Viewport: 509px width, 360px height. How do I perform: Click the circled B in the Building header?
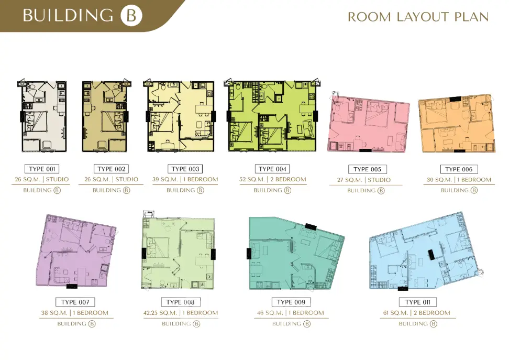(131, 16)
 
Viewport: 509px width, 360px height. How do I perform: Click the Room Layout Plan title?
(418, 17)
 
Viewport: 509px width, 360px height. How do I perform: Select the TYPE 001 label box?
(42, 169)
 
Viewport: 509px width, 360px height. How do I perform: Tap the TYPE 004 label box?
(272, 169)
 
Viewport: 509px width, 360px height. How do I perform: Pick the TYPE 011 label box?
(418, 302)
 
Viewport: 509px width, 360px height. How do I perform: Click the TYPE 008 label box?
(181, 302)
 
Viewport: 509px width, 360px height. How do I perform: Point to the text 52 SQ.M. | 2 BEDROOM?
(273, 179)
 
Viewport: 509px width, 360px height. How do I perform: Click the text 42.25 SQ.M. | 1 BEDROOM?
(181, 313)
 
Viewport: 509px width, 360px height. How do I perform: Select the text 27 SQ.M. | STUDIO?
(364, 180)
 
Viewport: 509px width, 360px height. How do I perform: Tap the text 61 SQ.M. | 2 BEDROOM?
(416, 313)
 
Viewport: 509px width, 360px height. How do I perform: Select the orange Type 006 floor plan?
(457, 124)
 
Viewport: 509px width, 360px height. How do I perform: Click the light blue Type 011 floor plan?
(425, 252)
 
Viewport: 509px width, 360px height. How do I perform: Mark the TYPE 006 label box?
(459, 169)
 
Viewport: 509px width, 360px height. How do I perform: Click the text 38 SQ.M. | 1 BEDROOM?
(75, 313)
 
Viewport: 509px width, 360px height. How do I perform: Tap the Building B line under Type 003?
(185, 190)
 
